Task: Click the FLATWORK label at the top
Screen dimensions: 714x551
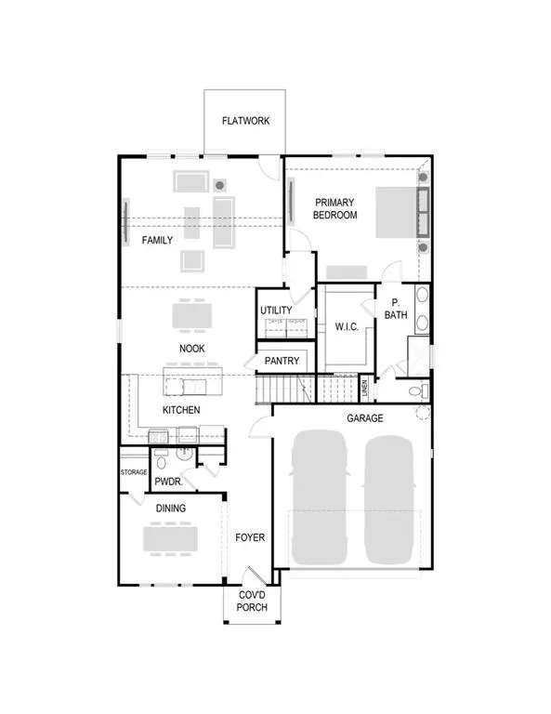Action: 245,121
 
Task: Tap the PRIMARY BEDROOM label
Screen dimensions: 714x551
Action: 335,208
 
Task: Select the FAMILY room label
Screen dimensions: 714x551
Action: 157,240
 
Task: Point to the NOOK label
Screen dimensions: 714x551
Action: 192,349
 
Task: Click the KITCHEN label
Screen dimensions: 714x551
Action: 181,409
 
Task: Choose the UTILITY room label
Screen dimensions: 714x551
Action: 277,311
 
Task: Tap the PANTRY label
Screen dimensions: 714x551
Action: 281,360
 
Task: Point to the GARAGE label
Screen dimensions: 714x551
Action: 365,418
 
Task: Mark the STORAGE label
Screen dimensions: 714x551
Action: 134,472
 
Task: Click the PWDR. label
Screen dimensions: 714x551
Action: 168,483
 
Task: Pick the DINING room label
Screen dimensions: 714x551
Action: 171,509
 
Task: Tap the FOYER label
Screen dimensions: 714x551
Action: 250,537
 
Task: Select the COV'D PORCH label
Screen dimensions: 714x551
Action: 252,601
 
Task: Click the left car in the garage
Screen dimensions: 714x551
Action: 321,500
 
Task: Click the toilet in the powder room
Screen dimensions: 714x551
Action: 161,460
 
